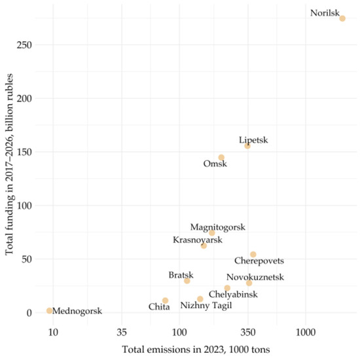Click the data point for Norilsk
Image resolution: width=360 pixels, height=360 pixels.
pyautogui.click(x=342, y=18)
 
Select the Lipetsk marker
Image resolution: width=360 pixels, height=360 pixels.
pyautogui.click(x=247, y=146)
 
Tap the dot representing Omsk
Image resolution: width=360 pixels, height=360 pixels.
pyautogui.click(x=221, y=157)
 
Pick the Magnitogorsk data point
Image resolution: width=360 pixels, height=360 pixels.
pyautogui.click(x=212, y=233)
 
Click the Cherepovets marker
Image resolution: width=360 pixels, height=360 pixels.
pyautogui.click(x=253, y=255)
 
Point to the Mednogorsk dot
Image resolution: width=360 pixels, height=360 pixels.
pyautogui.click(x=50, y=311)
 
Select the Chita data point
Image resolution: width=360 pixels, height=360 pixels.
pyautogui.click(x=165, y=300)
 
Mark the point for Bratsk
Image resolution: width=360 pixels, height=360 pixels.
pyautogui.click(x=187, y=281)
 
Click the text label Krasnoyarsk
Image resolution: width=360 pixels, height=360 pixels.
pyautogui.click(x=197, y=240)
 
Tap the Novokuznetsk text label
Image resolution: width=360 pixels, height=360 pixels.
pyautogui.click(x=255, y=277)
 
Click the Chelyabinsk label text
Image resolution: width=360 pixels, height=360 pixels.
pyautogui.click(x=233, y=295)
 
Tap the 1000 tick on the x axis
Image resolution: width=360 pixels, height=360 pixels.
pyautogui.click(x=305, y=333)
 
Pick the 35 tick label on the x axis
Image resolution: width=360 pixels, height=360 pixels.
pyautogui.click(x=120, y=333)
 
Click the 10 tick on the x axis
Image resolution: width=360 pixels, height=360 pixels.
pyautogui.click(x=53, y=333)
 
